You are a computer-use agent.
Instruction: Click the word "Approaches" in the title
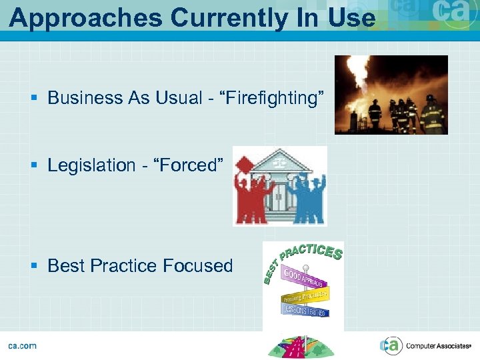[85, 18]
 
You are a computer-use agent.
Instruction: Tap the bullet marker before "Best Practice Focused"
[35, 266]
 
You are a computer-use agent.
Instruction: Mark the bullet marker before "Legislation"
[35, 165]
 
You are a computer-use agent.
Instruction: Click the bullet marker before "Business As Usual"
[35, 99]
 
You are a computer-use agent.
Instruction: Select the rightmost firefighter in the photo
[433, 115]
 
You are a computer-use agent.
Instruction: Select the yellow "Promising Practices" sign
[304, 295]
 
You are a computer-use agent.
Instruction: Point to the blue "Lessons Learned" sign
[305, 310]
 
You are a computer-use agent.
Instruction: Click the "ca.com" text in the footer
[22, 345]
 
